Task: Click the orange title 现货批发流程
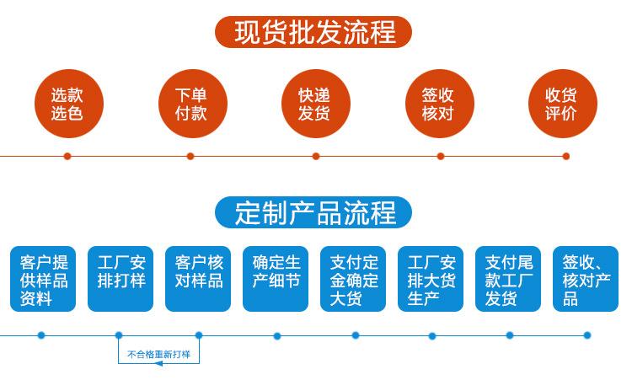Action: point(313,32)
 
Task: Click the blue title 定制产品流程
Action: point(313,212)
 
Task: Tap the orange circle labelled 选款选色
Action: point(69,104)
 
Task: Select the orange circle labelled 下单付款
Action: point(193,104)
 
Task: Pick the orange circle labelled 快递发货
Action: point(316,104)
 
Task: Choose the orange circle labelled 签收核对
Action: point(439,104)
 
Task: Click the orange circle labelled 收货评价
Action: point(563,104)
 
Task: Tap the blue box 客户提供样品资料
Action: point(43,279)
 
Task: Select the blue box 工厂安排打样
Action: point(121,279)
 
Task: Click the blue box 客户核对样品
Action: point(198,279)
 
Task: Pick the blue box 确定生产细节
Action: point(276,279)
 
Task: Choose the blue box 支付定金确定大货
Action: point(353,279)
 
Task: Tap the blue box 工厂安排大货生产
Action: point(431,279)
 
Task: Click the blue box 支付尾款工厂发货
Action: point(508,279)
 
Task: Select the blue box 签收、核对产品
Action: point(586,279)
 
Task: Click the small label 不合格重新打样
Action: point(158,355)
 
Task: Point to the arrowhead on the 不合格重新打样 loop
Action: point(158,363)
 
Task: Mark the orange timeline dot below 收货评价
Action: point(566,156)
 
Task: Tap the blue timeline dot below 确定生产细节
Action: point(277,335)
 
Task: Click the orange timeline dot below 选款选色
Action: point(67,156)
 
